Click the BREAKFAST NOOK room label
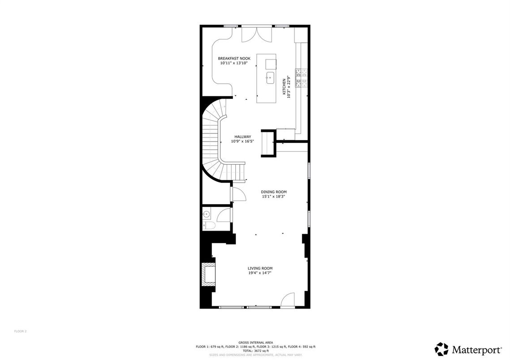pyautogui.click(x=234, y=59)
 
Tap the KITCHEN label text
pyautogui.click(x=284, y=86)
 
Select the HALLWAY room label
pyautogui.click(x=242, y=137)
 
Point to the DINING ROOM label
pyautogui.click(x=274, y=192)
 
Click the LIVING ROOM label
pyautogui.click(x=260, y=268)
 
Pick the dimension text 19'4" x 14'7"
pyautogui.click(x=260, y=273)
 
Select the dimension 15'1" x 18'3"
pyautogui.click(x=274, y=196)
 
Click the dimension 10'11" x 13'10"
pyautogui.click(x=234, y=63)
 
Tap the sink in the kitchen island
pyautogui.click(x=270, y=78)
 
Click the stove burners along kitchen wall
pyautogui.click(x=301, y=77)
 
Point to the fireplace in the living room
pyautogui.click(x=208, y=274)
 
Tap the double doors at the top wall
pyautogui.click(x=256, y=34)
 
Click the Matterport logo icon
pyautogui.click(x=441, y=349)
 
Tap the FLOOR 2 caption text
pyautogui.click(x=20, y=331)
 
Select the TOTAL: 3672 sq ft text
pyautogui.click(x=255, y=351)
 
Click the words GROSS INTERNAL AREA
pyautogui.click(x=255, y=343)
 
